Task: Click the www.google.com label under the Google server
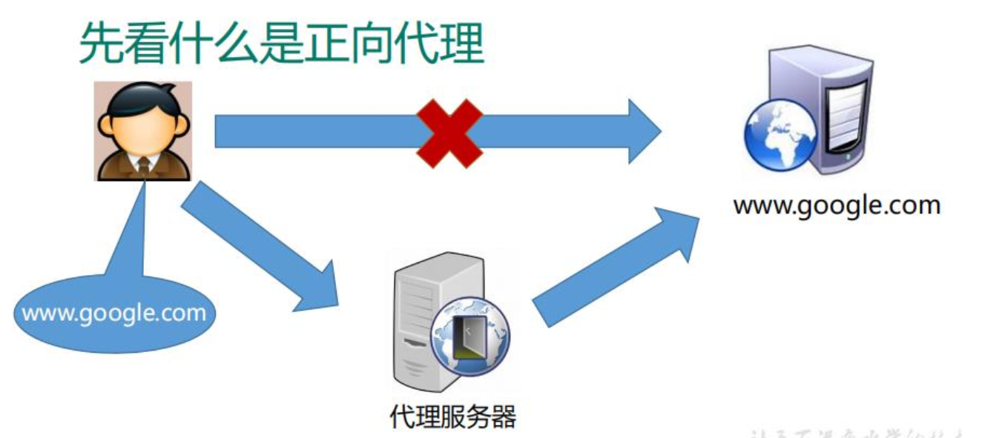[837, 205]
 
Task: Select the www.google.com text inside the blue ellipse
[114, 313]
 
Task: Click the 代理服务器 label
[452, 417]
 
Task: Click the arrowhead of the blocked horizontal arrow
[644, 131]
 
